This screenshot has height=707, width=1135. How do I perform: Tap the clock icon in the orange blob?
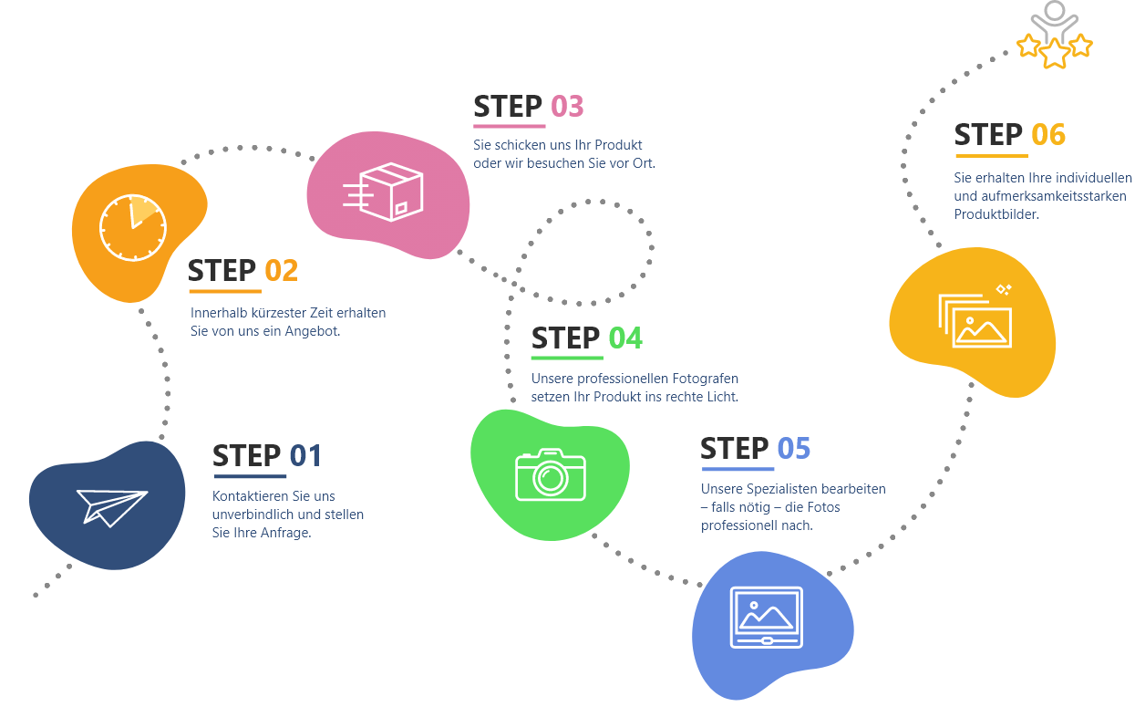click(x=133, y=228)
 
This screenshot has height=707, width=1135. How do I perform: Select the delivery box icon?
click(x=383, y=192)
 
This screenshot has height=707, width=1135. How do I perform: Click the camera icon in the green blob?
click(x=551, y=474)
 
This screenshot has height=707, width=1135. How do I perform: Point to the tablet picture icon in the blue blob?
click(x=766, y=618)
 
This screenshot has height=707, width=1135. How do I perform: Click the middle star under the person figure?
click(x=1055, y=53)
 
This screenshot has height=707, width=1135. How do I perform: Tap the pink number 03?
click(x=567, y=107)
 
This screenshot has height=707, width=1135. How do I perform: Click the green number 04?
click(x=625, y=338)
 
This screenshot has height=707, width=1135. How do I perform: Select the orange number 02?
click(x=281, y=270)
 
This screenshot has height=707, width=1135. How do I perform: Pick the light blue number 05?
click(x=793, y=448)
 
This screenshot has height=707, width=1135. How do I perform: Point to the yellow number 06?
click(x=1048, y=135)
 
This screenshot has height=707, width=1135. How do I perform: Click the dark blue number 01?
click(x=305, y=455)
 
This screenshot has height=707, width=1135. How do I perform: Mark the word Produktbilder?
click(x=996, y=214)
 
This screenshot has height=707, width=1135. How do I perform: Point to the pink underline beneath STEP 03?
click(x=510, y=126)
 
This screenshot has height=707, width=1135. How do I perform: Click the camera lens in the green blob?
click(x=551, y=478)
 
